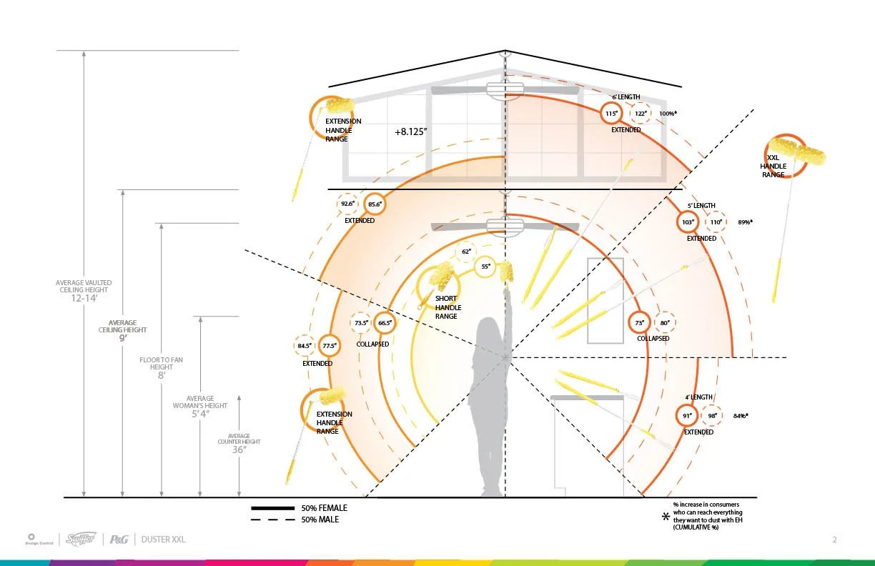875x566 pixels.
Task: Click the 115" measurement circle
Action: point(611,114)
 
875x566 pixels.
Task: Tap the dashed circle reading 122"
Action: point(641,114)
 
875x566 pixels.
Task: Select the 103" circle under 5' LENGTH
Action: point(688,222)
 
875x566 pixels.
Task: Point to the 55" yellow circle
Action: point(485,267)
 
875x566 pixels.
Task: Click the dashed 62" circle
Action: point(466,252)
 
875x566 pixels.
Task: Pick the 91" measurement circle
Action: point(686,416)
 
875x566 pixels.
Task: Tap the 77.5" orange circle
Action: point(330,347)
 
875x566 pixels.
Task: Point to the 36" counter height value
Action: point(239,450)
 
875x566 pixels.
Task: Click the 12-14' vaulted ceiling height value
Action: point(84,298)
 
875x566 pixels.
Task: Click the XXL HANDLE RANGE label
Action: point(773,166)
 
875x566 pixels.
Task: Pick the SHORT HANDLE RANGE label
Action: point(446,307)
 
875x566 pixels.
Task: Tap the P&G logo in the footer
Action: point(119,540)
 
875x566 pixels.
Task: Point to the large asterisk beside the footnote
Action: point(666,516)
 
